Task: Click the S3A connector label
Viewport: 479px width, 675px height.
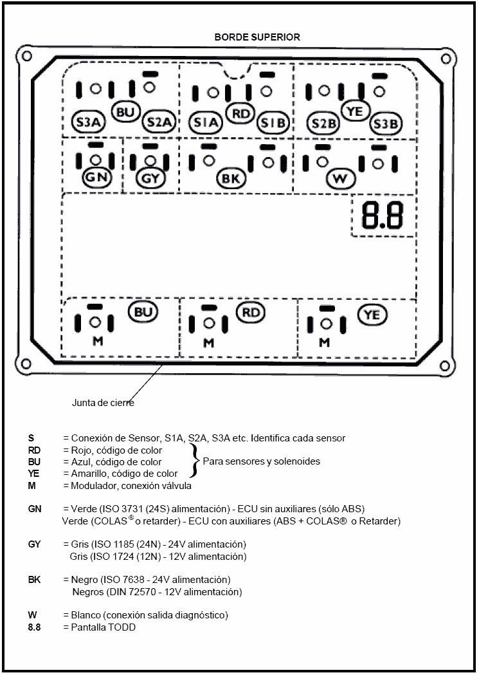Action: [87, 122]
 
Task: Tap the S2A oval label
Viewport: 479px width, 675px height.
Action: [157, 122]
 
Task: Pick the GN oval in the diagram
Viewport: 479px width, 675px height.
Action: [97, 177]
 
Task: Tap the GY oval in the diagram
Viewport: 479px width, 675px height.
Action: [150, 178]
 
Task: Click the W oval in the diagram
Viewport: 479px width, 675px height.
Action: [341, 178]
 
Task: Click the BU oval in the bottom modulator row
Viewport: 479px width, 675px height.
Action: [143, 313]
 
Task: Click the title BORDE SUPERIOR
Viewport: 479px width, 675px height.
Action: [257, 37]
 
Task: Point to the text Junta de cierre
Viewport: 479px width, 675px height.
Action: [103, 403]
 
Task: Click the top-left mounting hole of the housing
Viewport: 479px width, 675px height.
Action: [26, 57]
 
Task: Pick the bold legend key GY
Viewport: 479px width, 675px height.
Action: [35, 544]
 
